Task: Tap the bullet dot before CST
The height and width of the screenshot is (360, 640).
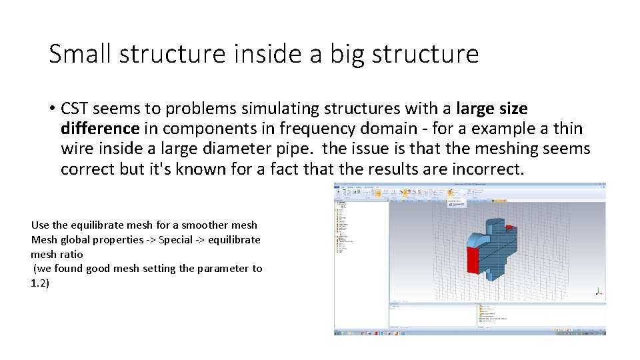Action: click(51, 109)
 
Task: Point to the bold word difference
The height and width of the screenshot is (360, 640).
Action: click(99, 129)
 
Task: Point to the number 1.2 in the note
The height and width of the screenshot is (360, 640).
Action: click(39, 283)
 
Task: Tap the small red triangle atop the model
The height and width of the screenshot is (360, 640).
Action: click(510, 227)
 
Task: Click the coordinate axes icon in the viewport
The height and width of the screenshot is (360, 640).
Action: click(598, 292)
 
